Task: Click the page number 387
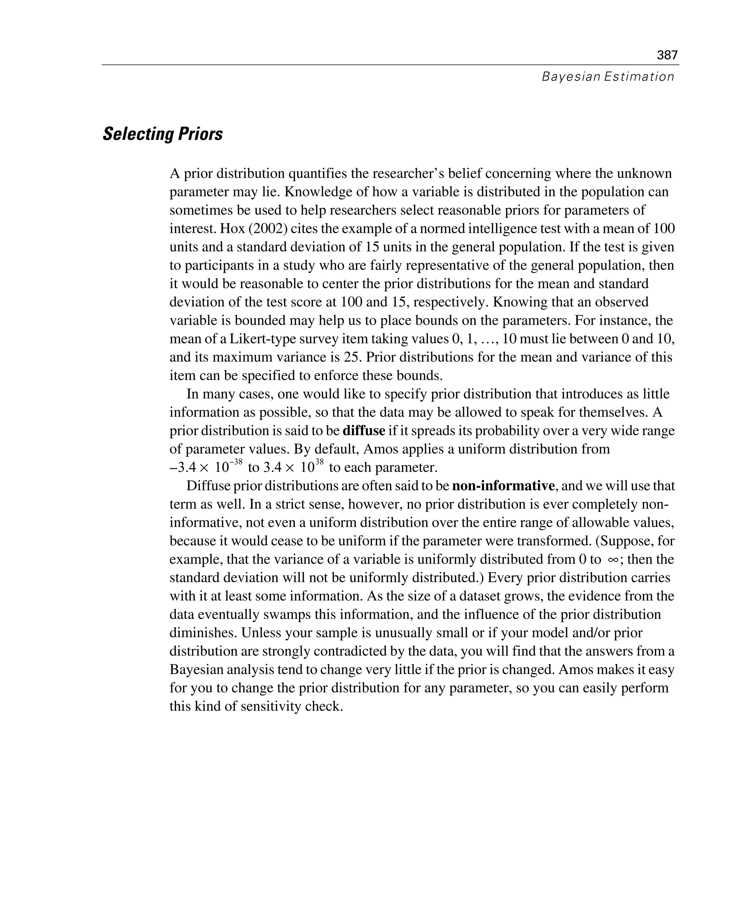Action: click(x=667, y=55)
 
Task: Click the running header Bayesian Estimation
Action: click(x=608, y=77)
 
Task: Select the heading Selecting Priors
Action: click(x=163, y=134)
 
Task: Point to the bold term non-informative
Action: click(x=503, y=486)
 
